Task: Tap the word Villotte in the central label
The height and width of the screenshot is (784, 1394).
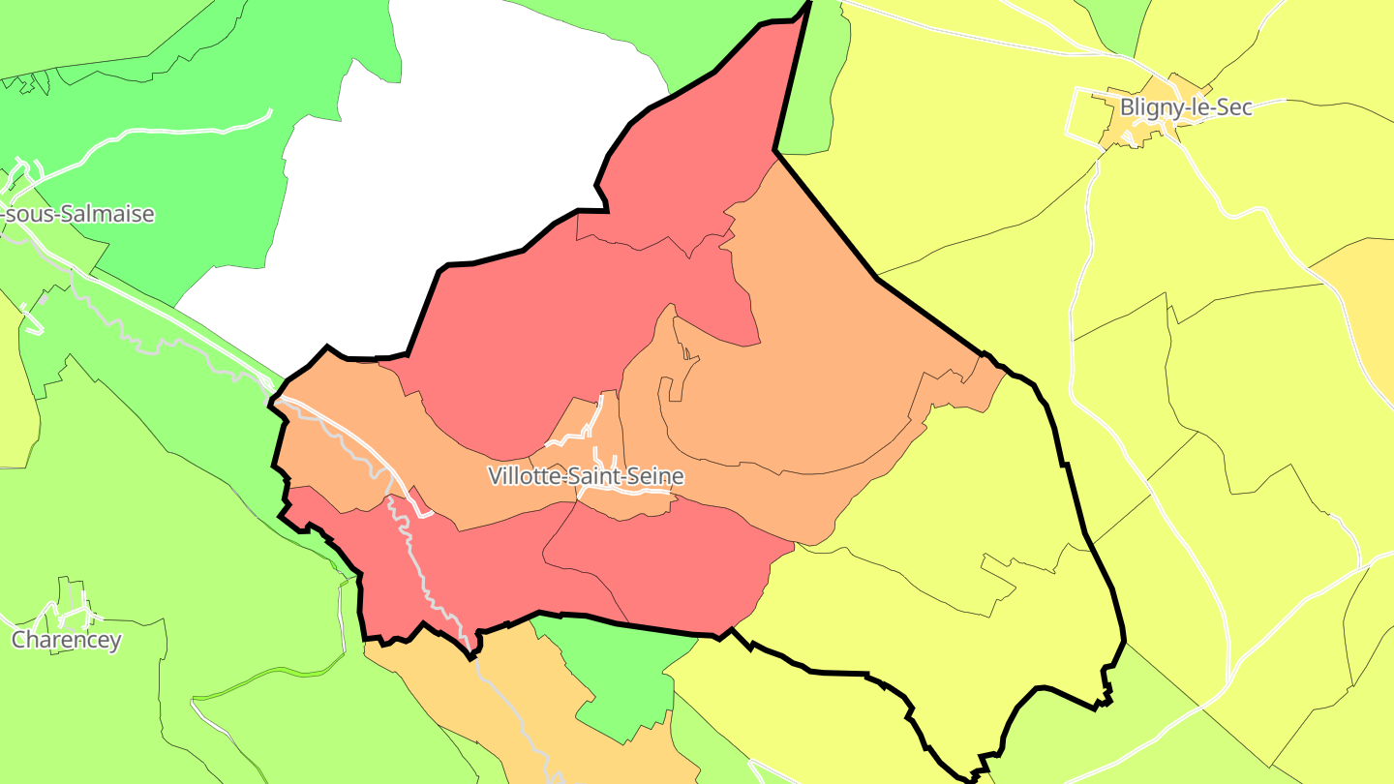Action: pos(522,476)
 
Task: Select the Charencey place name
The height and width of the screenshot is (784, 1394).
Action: pos(67,640)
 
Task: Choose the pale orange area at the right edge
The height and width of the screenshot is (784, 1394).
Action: pos(1365,290)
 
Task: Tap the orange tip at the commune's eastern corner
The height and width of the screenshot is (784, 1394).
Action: pos(987,382)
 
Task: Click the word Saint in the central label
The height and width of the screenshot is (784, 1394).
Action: pos(591,476)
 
